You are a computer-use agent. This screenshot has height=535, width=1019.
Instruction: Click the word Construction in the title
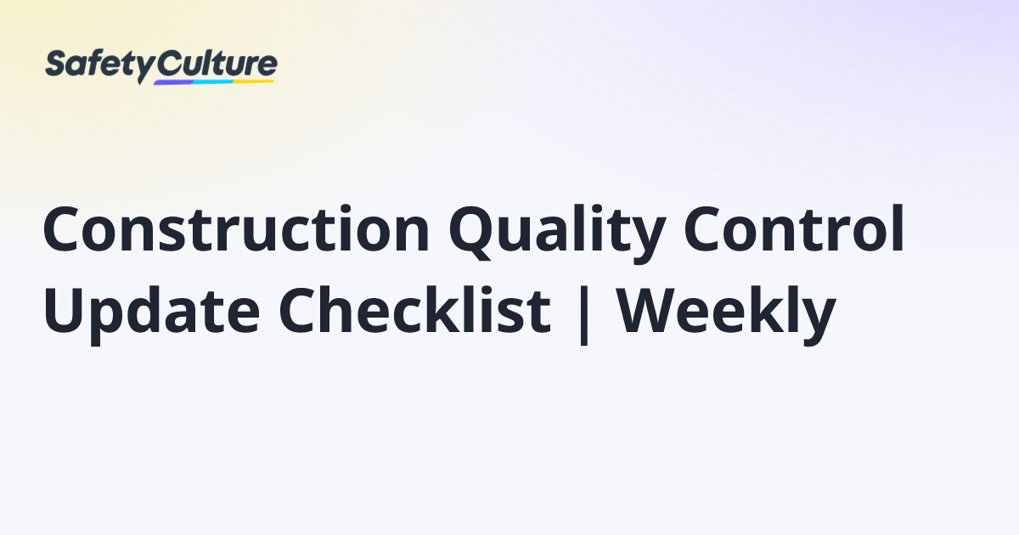coord(236,228)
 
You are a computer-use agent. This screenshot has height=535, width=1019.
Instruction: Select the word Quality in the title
coord(557,234)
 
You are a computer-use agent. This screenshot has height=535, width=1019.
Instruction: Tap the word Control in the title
coord(794,228)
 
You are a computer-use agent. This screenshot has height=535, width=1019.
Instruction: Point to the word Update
coord(151,315)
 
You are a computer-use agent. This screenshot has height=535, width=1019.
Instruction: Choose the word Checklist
coord(415,310)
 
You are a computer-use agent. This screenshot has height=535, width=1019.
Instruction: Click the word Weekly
coord(726,315)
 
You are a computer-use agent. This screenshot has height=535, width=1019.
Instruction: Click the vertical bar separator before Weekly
coord(584,316)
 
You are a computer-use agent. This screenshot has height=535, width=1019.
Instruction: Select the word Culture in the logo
coord(217,64)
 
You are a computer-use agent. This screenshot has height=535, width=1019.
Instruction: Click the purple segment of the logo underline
coord(173,82)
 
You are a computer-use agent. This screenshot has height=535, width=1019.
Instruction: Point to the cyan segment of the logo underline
coord(213,82)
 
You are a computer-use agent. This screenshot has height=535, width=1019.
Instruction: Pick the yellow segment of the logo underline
coord(253,82)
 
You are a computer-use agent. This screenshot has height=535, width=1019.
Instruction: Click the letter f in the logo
coord(98,63)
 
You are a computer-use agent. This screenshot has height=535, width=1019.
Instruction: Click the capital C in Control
coord(703,228)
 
